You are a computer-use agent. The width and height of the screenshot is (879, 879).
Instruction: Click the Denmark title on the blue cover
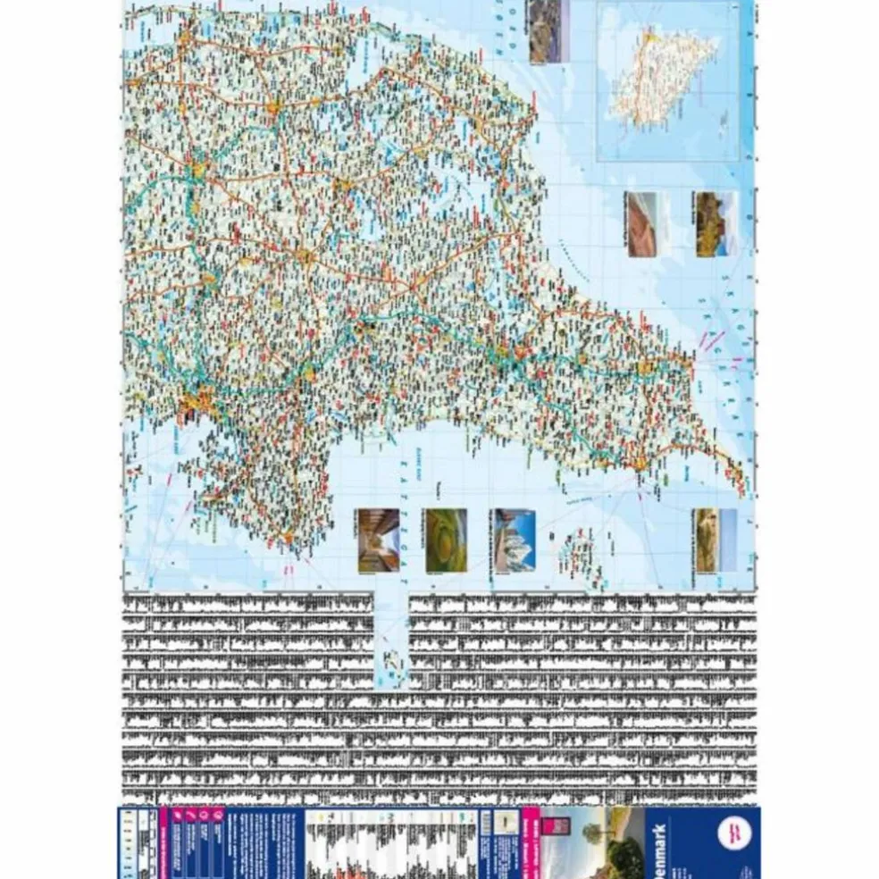[660, 842]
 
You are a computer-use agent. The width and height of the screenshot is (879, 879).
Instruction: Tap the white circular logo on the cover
[737, 833]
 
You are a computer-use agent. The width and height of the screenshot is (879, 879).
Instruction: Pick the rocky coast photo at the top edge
[544, 31]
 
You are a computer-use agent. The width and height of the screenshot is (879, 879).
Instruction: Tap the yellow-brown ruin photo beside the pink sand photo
[716, 224]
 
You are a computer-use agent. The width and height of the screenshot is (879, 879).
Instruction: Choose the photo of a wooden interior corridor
[377, 540]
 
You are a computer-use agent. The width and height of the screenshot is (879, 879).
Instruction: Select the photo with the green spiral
[446, 540]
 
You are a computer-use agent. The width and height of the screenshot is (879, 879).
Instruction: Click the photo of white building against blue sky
[514, 540]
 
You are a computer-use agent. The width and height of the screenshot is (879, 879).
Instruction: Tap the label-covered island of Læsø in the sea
[570, 555]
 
